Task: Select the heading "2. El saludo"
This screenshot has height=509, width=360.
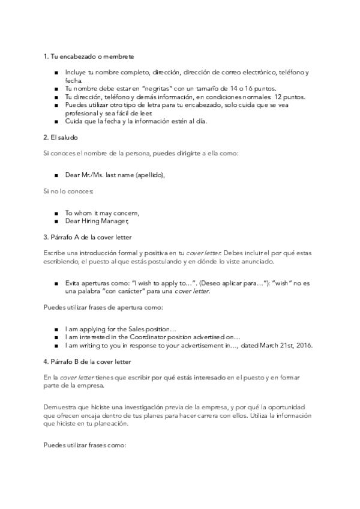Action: pyautogui.click(x=61, y=137)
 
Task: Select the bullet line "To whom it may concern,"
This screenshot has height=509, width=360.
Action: pyautogui.click(x=102, y=212)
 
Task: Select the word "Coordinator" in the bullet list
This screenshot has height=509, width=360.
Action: pyautogui.click(x=138, y=337)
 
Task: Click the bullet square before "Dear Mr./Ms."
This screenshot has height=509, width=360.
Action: pyautogui.click(x=56, y=175)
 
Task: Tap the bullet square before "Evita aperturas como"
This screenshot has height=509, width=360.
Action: pyautogui.click(x=56, y=282)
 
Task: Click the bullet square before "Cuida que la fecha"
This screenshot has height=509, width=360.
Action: pyautogui.click(x=56, y=121)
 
